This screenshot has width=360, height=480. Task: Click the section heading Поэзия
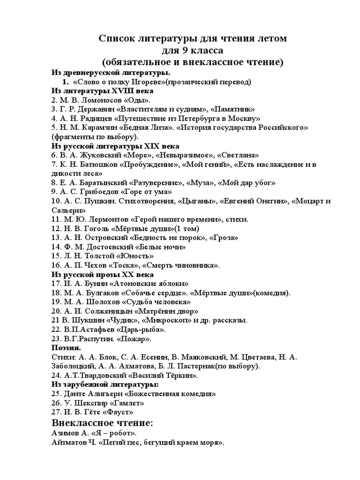point(66,348)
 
